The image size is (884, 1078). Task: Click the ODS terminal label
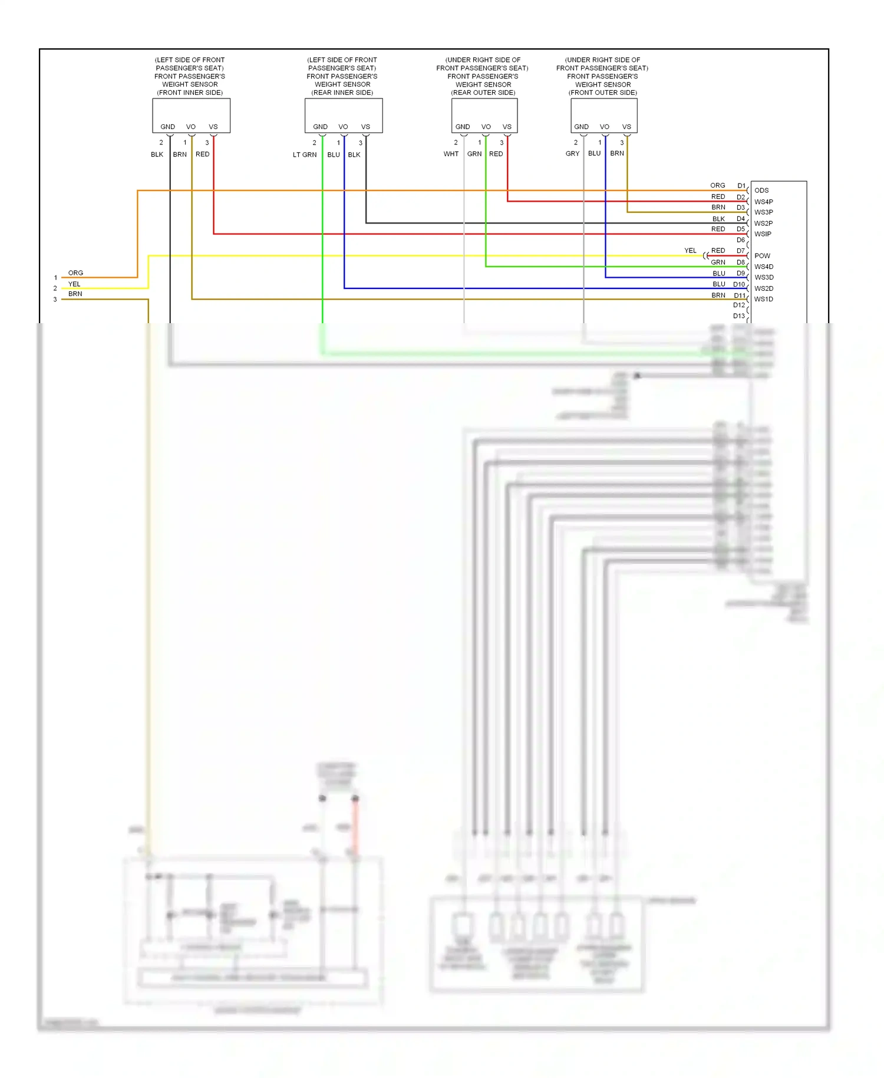[x=761, y=190]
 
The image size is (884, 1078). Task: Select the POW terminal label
[x=762, y=256]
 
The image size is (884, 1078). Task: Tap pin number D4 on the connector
[x=740, y=219]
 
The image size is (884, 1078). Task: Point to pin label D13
[x=738, y=316]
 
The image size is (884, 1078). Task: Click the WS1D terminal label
[x=763, y=299]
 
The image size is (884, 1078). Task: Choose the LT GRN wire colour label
[x=305, y=155]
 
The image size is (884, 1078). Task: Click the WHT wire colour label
[x=451, y=154]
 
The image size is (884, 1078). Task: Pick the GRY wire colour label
[x=572, y=153]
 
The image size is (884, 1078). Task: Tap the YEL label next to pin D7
[x=690, y=251]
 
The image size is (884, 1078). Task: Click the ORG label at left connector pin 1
[x=75, y=273]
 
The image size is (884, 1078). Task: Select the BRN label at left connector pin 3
[x=75, y=294]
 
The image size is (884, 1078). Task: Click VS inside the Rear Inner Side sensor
[x=365, y=127]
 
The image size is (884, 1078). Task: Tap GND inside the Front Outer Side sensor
[x=581, y=127]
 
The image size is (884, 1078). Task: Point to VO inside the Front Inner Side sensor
[x=191, y=127]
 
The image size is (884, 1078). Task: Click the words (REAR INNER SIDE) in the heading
[x=342, y=93]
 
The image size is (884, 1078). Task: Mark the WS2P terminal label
[x=763, y=224]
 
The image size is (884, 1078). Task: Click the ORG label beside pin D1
[x=717, y=185]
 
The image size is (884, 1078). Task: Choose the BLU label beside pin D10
[x=718, y=284]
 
